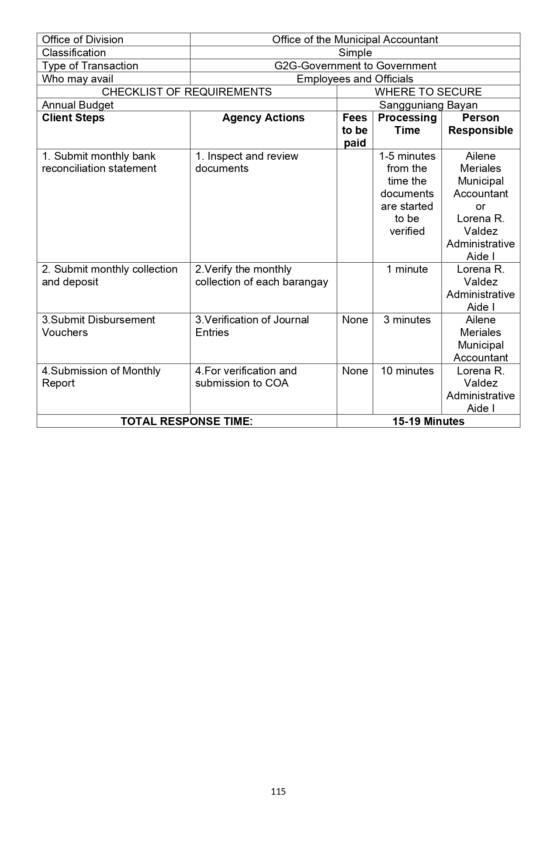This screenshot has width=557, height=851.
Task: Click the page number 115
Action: click(x=278, y=791)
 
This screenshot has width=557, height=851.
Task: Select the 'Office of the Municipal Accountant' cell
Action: click(x=355, y=40)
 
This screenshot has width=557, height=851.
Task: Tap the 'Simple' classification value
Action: click(x=355, y=53)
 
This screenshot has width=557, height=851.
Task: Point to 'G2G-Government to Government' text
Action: click(x=355, y=66)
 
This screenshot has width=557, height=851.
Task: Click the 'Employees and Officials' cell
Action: click(x=355, y=79)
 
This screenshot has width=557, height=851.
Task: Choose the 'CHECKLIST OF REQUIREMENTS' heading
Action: click(x=187, y=92)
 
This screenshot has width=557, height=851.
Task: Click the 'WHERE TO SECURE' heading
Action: click(x=428, y=92)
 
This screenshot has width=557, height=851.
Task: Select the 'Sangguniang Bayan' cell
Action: click(x=428, y=105)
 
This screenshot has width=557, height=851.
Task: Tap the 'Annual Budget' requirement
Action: click(x=78, y=105)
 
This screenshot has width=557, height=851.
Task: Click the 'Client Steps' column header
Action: click(x=73, y=118)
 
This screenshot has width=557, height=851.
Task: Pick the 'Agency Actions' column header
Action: click(x=263, y=118)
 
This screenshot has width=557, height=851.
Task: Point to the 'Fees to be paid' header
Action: click(x=355, y=130)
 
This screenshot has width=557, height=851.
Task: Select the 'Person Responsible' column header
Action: click(x=481, y=124)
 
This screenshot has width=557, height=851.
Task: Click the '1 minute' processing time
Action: click(x=407, y=269)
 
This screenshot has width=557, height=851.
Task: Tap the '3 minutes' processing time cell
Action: click(x=407, y=320)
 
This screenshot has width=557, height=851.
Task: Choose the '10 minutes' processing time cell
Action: click(x=407, y=371)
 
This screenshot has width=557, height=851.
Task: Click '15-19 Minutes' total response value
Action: click(x=428, y=421)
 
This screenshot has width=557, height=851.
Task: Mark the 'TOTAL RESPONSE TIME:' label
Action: click(x=187, y=421)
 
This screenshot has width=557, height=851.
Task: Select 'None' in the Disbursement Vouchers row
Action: click(x=355, y=320)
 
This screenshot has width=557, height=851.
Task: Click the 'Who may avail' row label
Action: click(x=78, y=79)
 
